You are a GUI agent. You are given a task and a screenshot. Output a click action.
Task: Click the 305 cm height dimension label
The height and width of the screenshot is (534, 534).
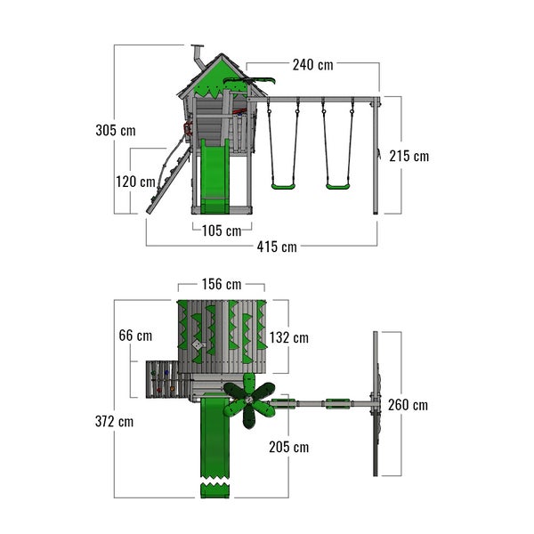pos(116,131)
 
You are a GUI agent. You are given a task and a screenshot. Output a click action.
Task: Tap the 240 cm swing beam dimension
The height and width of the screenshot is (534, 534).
pos(313,65)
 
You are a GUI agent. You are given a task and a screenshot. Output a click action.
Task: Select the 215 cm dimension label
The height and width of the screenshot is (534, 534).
pos(409,157)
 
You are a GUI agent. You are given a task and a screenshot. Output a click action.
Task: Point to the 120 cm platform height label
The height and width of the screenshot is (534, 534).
pos(135,182)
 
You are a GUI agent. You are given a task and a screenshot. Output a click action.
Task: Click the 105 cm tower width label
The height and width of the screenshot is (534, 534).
pos(222,231)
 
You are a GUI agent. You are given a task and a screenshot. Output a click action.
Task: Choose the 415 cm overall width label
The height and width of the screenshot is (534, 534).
pos(277,247)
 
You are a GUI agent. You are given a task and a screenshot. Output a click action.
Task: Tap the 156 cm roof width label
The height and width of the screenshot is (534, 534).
pos(222,285)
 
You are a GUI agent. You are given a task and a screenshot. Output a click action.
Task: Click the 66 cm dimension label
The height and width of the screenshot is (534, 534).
pos(135,336)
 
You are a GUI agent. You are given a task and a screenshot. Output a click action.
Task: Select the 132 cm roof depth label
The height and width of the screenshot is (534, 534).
pos(288,338)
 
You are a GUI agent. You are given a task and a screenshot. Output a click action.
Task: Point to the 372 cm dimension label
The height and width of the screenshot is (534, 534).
pos(115,422)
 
